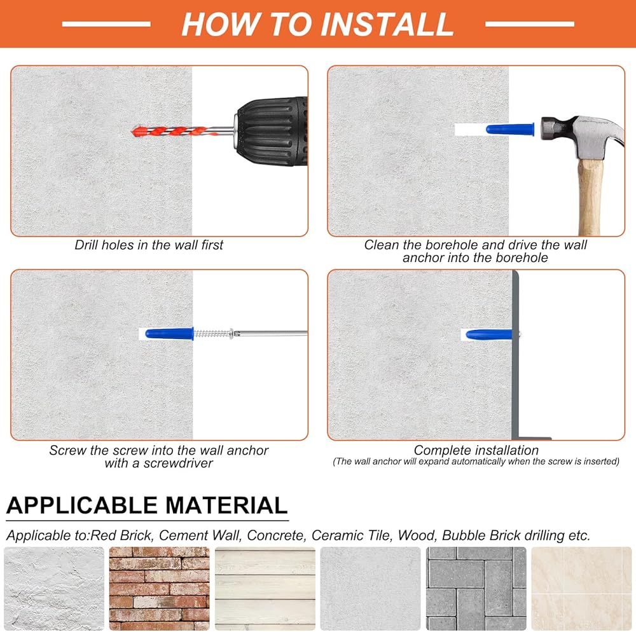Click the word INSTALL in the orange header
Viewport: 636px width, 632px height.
click(x=387, y=24)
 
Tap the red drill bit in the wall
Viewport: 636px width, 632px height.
click(x=171, y=132)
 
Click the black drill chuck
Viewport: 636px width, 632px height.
click(x=272, y=131)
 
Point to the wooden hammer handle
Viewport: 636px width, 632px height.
click(x=590, y=196)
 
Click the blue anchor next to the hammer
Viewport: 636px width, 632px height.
click(x=510, y=130)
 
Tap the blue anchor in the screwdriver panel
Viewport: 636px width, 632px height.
click(x=169, y=334)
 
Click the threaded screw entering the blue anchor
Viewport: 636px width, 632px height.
click(x=214, y=334)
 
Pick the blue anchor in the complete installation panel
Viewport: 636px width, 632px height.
click(x=489, y=334)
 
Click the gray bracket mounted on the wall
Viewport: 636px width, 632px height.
click(x=516, y=355)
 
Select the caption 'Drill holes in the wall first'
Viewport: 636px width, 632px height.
click(x=149, y=245)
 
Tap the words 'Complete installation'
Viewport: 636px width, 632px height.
click(x=476, y=450)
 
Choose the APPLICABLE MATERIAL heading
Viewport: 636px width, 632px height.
click(x=147, y=505)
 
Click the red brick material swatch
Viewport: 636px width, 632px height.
click(x=160, y=589)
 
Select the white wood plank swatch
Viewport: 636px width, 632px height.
click(x=265, y=589)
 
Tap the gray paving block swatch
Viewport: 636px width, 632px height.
click(x=476, y=589)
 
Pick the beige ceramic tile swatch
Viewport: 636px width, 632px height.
click(x=582, y=589)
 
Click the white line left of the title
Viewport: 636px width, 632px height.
click(x=106, y=24)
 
